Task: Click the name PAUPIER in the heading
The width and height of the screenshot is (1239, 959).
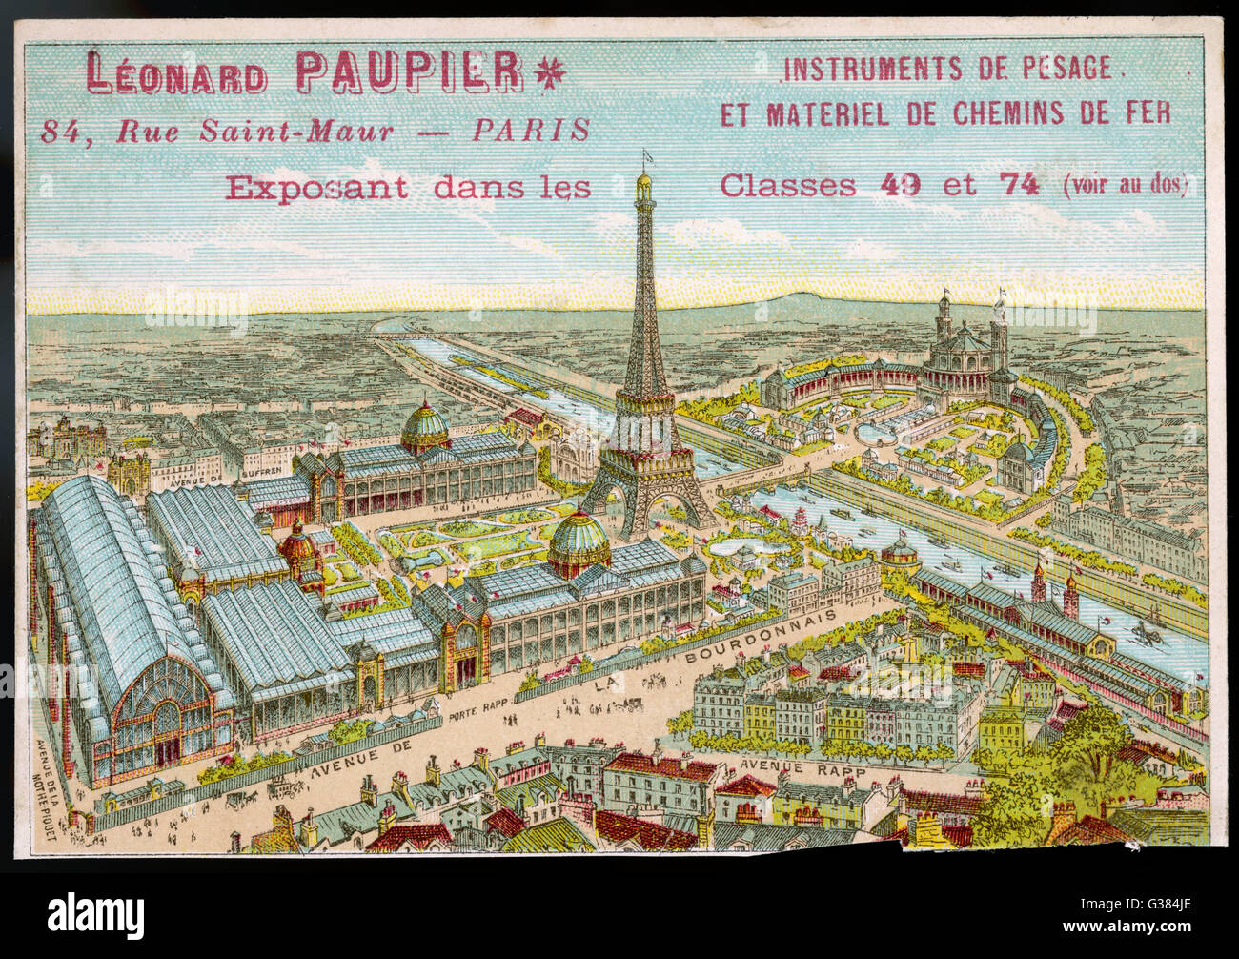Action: pyautogui.click(x=410, y=72)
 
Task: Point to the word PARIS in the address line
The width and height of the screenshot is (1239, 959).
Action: pyautogui.click(x=531, y=131)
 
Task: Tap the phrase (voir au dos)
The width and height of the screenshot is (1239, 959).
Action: pyautogui.click(x=1125, y=185)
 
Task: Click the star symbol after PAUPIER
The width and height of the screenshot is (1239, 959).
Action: pyautogui.click(x=550, y=72)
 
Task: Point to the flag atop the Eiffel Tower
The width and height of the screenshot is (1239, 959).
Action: pyautogui.click(x=648, y=154)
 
